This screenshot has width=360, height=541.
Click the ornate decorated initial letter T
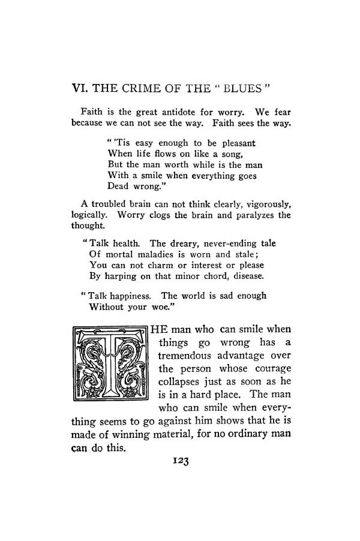point(110,364)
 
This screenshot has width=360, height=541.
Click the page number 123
point(181,461)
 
